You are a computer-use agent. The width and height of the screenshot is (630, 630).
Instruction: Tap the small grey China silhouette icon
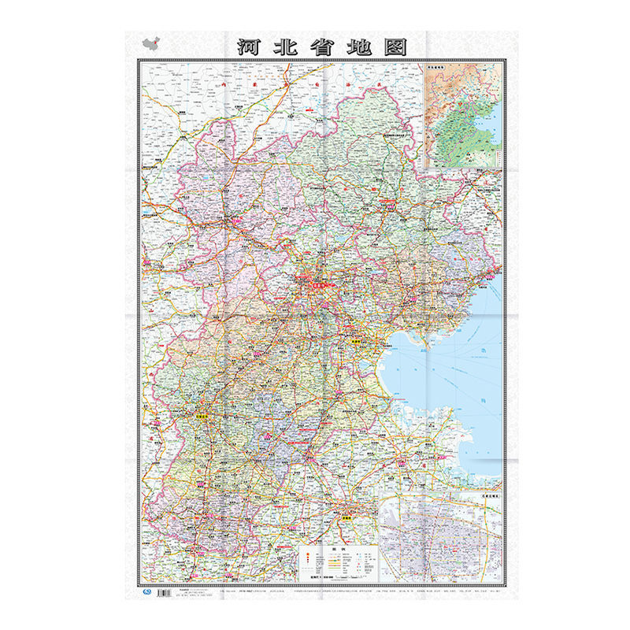[149, 44]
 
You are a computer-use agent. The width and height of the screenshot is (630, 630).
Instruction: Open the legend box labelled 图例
[337, 565]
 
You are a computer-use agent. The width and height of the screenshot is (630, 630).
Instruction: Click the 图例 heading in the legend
[337, 549]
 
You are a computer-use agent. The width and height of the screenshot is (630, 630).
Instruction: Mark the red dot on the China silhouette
[152, 43]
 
